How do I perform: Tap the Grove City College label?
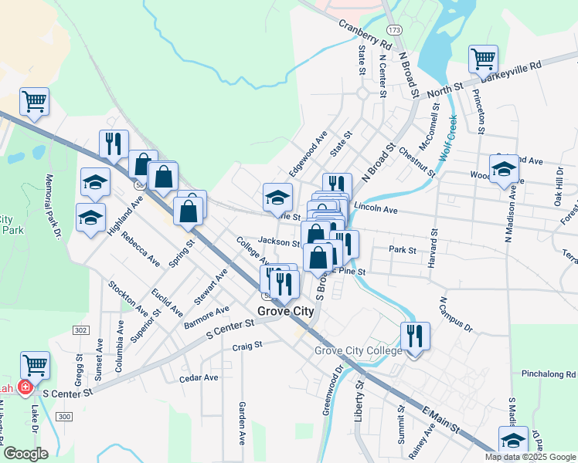point(358,351)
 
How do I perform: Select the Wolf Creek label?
point(447,138)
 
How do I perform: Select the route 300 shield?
point(64,417)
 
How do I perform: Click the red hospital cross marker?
point(25,387)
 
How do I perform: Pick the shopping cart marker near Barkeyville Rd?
point(483,59)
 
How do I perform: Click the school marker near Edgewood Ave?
point(277,197)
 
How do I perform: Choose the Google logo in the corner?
point(25,454)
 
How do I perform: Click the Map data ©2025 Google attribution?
point(529,457)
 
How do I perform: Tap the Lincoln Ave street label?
point(375,209)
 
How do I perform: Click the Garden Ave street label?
point(242,423)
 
